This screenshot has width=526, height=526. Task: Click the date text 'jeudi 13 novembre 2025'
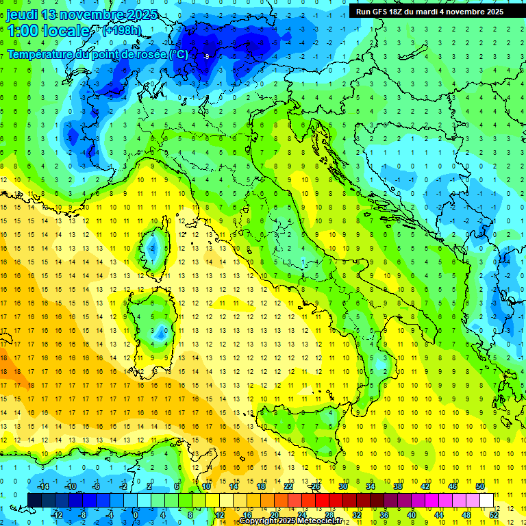click(x=82, y=14)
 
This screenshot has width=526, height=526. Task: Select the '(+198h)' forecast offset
click(x=123, y=31)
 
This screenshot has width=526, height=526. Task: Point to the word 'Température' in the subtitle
click(x=42, y=54)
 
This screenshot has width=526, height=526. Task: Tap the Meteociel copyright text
click(x=295, y=521)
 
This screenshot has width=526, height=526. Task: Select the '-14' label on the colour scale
click(x=42, y=486)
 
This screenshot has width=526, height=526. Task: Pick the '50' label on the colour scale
click(x=479, y=486)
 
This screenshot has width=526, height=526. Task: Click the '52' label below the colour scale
click(x=494, y=514)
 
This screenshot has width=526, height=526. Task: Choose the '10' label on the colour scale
click(x=206, y=486)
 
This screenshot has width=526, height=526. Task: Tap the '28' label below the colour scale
click(x=329, y=514)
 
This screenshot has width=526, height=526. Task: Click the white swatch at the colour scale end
click(x=486, y=500)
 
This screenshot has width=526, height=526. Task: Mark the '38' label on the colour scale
click(x=398, y=486)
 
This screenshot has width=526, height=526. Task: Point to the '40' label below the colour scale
click(x=412, y=514)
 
